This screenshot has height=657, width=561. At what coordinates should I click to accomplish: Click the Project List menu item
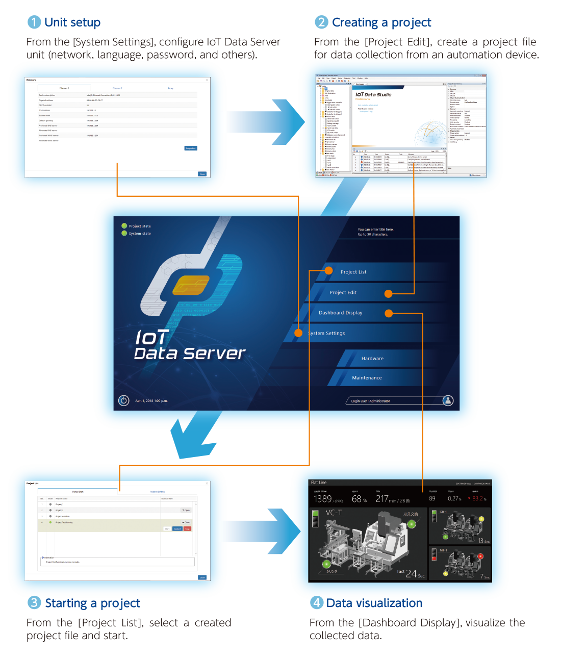[353, 272]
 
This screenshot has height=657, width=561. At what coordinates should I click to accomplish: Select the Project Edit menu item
[343, 292]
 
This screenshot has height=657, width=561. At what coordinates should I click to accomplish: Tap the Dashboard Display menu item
[340, 313]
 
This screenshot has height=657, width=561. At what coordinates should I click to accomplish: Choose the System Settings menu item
[327, 333]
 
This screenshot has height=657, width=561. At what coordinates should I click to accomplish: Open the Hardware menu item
[372, 359]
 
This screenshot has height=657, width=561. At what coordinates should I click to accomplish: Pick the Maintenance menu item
[367, 378]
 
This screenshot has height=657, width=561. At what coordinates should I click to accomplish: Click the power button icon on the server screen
[124, 400]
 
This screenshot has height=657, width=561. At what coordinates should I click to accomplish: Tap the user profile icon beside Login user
[448, 400]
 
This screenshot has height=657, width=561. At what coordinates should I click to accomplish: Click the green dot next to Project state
[124, 226]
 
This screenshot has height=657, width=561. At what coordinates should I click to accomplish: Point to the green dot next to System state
[124, 234]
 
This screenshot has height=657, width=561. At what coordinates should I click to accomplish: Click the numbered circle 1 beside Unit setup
[34, 22]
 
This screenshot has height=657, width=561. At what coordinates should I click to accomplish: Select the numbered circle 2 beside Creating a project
[321, 22]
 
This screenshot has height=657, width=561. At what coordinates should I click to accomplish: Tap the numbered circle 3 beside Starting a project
[34, 603]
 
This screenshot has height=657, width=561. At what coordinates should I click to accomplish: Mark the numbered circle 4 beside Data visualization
[317, 603]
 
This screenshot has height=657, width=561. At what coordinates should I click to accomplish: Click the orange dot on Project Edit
[389, 293]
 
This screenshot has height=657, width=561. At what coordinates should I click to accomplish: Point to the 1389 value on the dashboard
[323, 499]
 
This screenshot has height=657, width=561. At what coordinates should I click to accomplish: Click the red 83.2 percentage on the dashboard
[478, 499]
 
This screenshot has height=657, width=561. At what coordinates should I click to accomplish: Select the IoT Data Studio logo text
[373, 94]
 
